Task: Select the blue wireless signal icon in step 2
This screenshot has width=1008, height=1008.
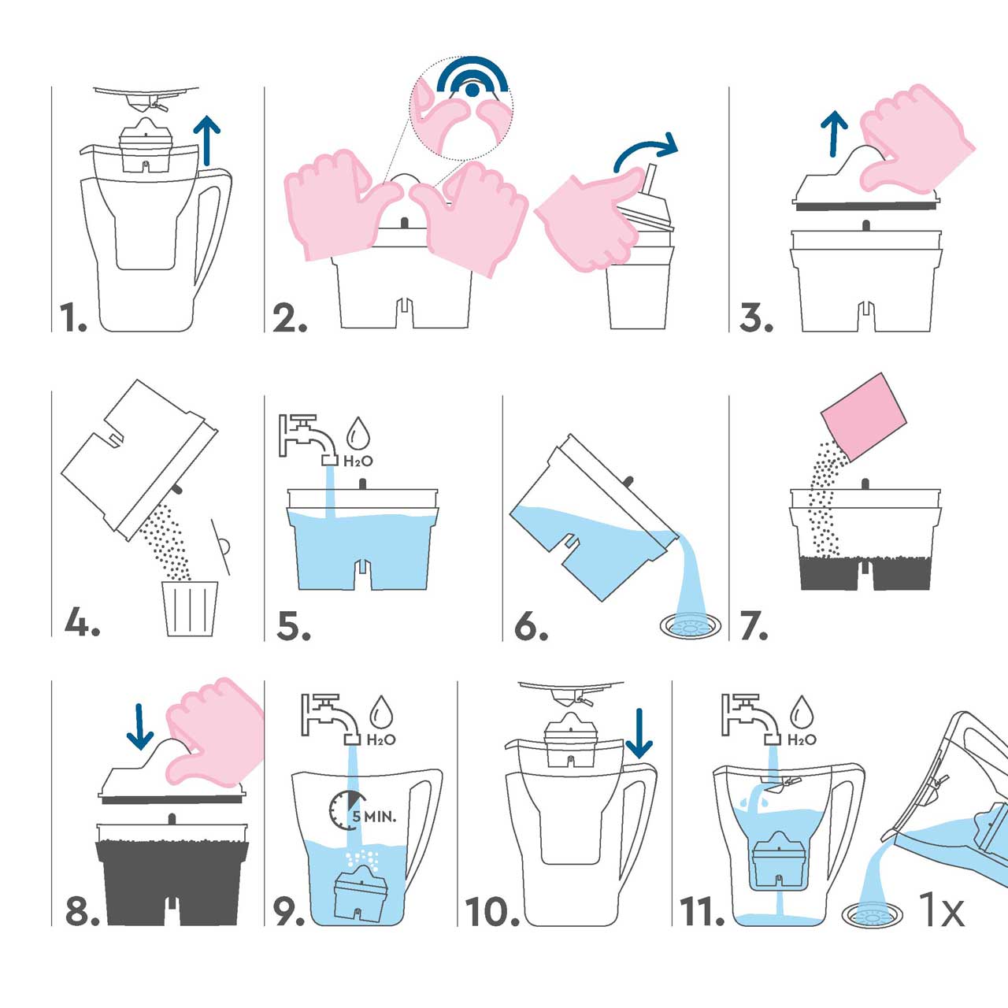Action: click(x=471, y=79)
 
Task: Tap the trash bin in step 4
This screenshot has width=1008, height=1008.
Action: click(x=190, y=607)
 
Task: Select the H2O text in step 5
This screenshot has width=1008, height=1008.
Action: click(x=358, y=461)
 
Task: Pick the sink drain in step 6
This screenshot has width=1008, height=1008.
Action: click(x=689, y=625)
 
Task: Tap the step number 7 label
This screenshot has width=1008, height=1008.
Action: click(x=754, y=626)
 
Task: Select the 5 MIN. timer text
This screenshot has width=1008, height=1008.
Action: click(x=374, y=816)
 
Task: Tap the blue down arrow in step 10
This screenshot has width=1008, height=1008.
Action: click(x=639, y=732)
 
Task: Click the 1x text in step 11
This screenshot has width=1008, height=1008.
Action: click(x=942, y=911)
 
